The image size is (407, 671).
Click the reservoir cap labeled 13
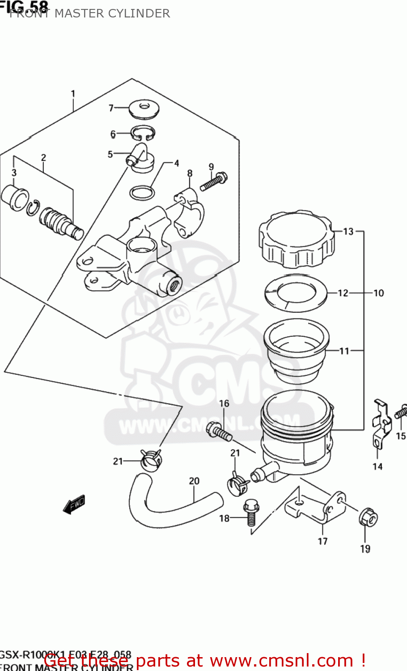(296, 242)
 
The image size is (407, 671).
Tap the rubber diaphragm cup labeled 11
(296, 351)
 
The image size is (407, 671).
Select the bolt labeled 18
(250, 512)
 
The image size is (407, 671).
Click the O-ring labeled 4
(142, 193)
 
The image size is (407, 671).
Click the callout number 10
(378, 293)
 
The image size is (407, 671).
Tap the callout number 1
(73, 94)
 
